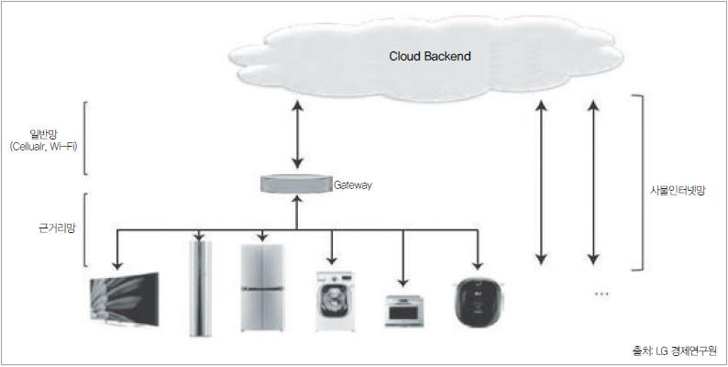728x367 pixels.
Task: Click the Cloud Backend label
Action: (x=429, y=56)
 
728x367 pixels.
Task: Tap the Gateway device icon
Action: (x=296, y=183)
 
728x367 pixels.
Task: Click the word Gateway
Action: (x=353, y=184)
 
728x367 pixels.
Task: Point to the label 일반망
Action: (x=43, y=134)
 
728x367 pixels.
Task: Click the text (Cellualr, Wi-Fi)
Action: (x=43, y=147)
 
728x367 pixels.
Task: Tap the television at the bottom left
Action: (x=126, y=299)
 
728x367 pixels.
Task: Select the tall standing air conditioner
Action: (x=200, y=287)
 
